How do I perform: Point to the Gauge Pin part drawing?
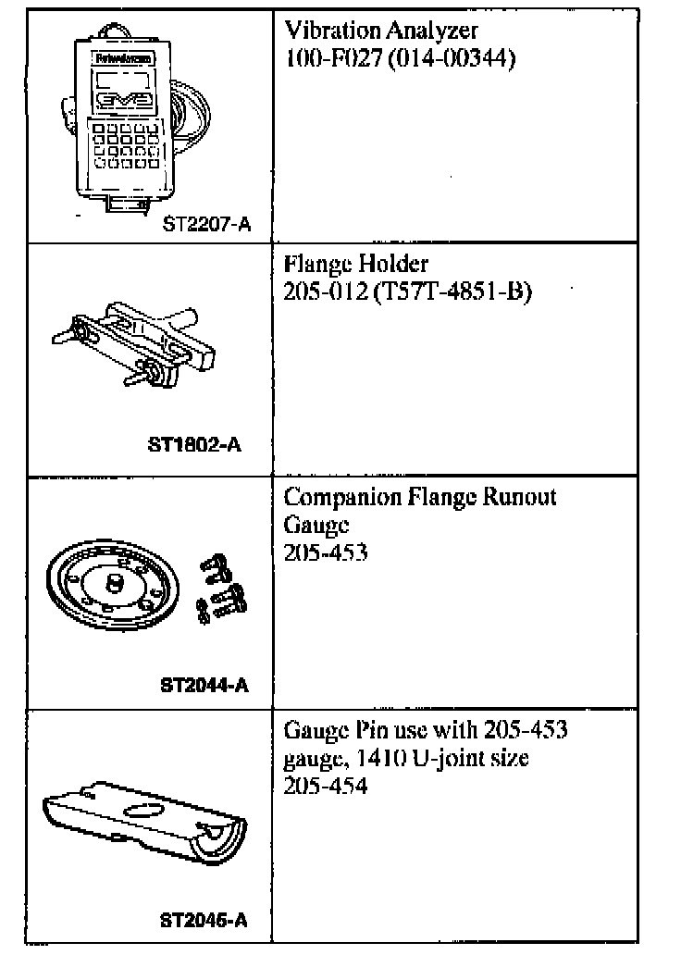tap(144, 814)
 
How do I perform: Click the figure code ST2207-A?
tap(205, 223)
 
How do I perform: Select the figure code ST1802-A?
tap(194, 444)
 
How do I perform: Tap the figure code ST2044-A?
tap(204, 686)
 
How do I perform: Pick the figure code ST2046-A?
tap(204, 921)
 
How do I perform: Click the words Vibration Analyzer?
tap(380, 34)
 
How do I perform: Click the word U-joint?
tap(430, 760)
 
